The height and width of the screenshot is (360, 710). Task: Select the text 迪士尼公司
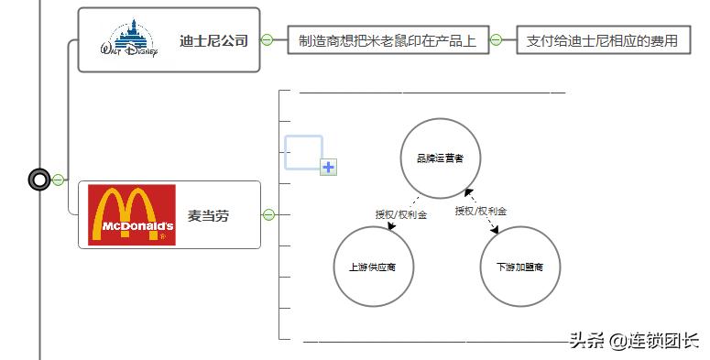(x=214, y=40)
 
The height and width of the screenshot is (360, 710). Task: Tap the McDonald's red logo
(x=131, y=214)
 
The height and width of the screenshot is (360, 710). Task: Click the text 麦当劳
(x=208, y=215)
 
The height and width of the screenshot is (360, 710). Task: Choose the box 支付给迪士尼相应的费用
(x=602, y=40)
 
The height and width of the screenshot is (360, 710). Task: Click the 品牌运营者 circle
(x=440, y=158)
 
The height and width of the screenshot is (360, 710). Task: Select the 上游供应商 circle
(x=374, y=267)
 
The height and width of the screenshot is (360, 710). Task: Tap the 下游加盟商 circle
(x=519, y=267)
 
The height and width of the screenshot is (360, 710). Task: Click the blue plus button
(x=329, y=167)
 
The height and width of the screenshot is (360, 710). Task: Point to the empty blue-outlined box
(x=302, y=151)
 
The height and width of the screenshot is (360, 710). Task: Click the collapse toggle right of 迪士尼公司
(x=268, y=40)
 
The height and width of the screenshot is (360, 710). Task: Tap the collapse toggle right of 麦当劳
(x=268, y=215)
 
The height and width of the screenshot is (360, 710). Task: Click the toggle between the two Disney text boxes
(x=496, y=40)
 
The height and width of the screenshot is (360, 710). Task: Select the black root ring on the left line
(x=39, y=180)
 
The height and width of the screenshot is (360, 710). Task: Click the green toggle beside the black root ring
(x=58, y=180)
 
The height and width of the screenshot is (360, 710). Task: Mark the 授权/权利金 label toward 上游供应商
(x=400, y=214)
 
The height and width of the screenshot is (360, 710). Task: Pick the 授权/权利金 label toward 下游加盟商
(x=481, y=211)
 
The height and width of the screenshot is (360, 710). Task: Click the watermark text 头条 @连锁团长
(x=633, y=341)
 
